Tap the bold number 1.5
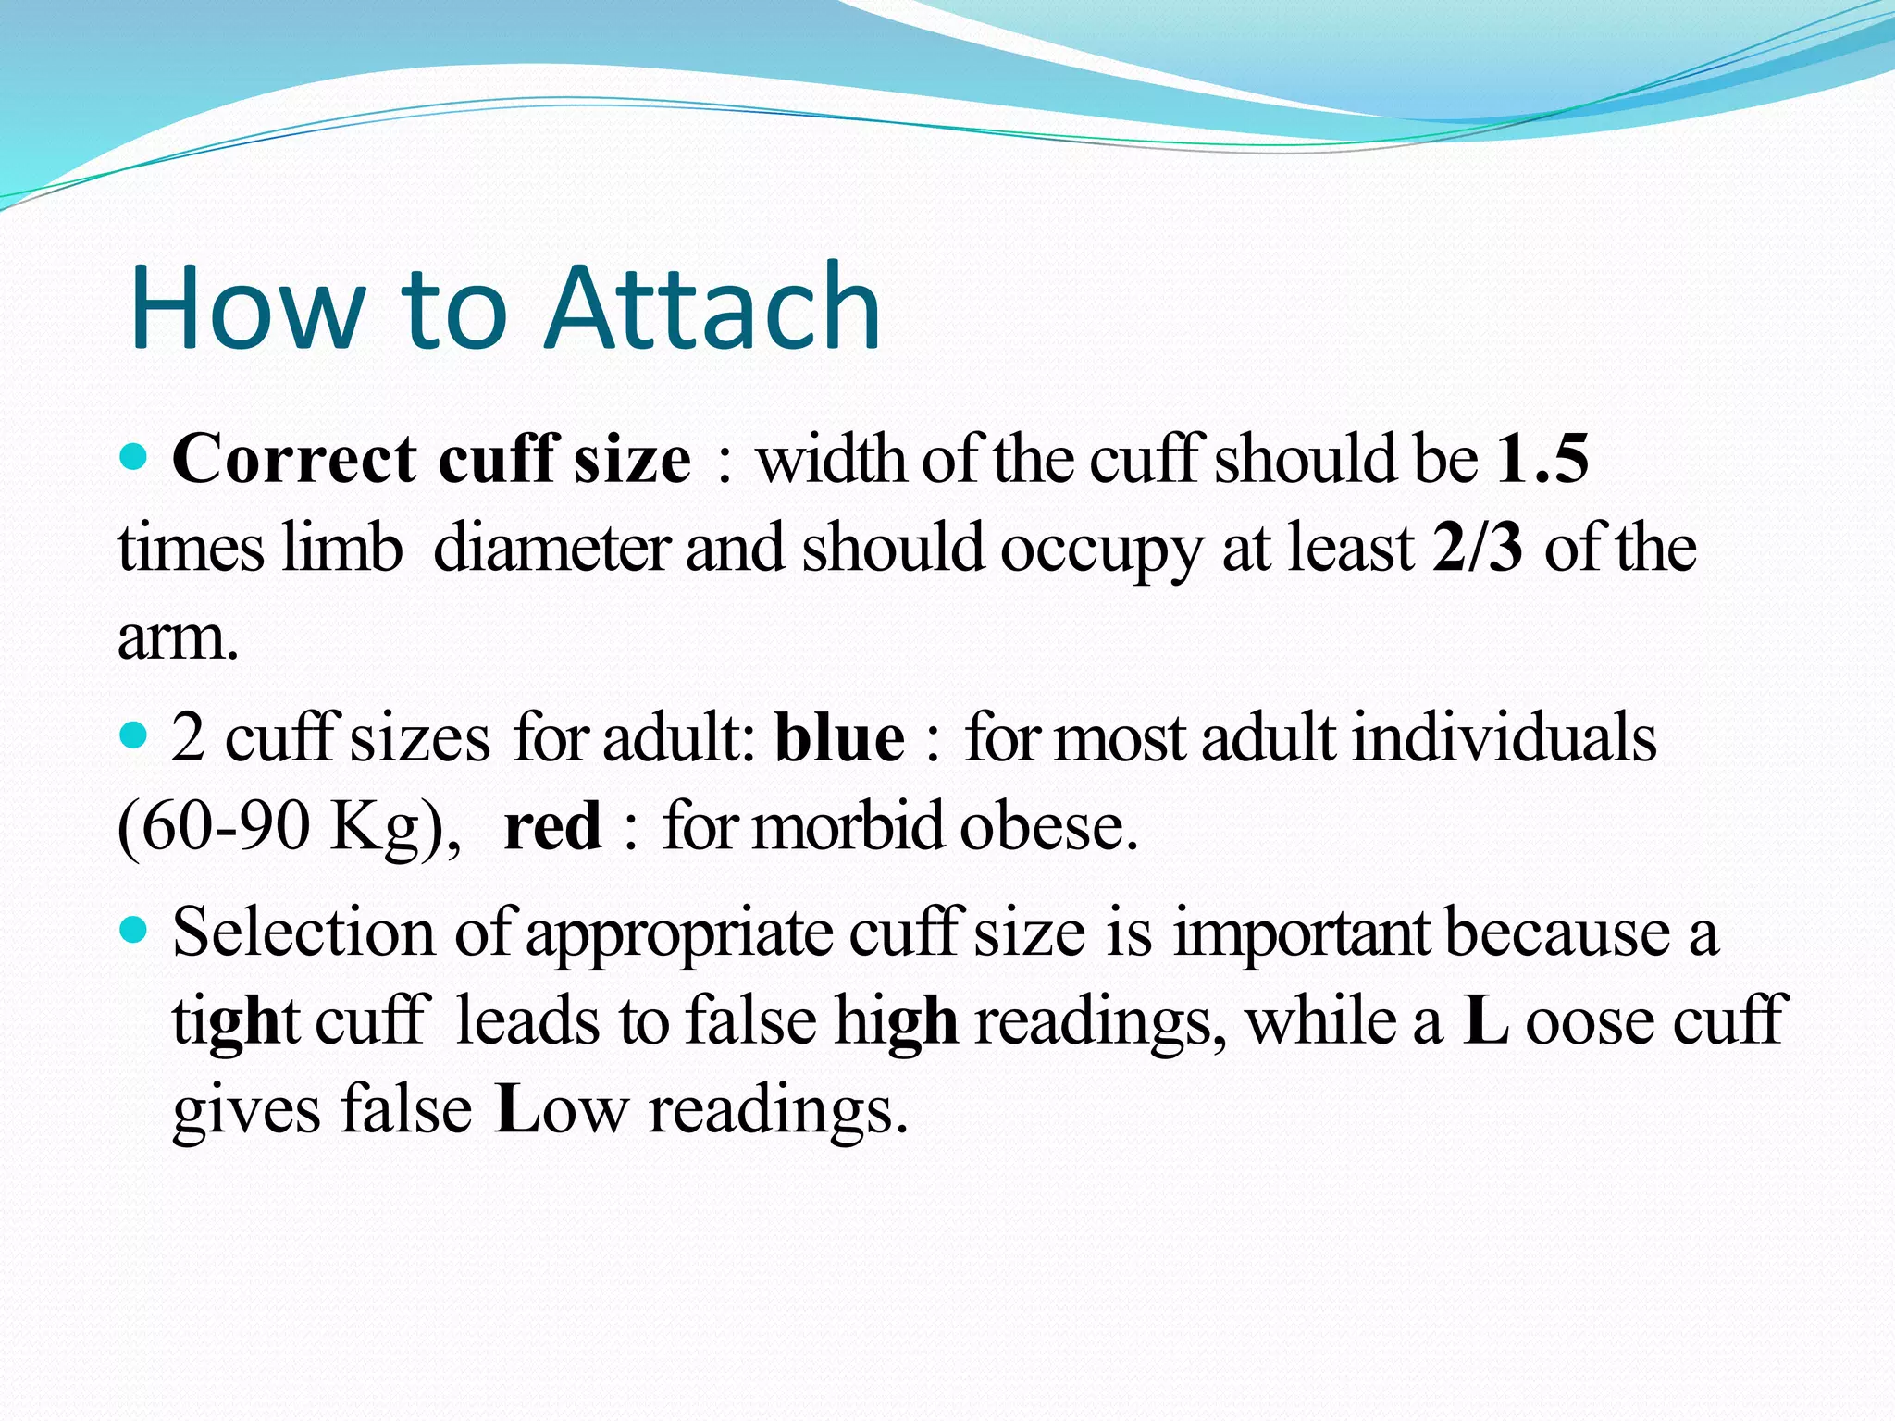point(1542,459)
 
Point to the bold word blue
point(839,738)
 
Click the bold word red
point(552,826)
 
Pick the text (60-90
point(214,826)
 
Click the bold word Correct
point(294,459)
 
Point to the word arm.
point(178,638)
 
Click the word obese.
point(1047,826)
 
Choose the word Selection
point(303,932)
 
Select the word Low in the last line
point(562,1109)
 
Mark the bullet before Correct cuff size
point(135,456)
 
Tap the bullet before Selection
point(135,929)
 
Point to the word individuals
point(1504,738)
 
